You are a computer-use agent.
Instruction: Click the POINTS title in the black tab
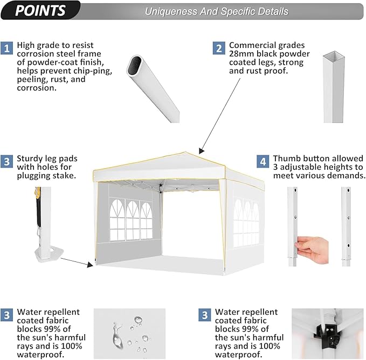coord(40,10)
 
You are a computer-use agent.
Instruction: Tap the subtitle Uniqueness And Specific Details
coord(216,11)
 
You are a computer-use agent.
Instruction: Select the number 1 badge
coord(8,48)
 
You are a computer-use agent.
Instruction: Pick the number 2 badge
coord(219,48)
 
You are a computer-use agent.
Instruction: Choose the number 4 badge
coord(263,161)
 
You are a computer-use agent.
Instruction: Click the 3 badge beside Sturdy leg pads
coord(8,161)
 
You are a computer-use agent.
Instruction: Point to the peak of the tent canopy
coord(186,153)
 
